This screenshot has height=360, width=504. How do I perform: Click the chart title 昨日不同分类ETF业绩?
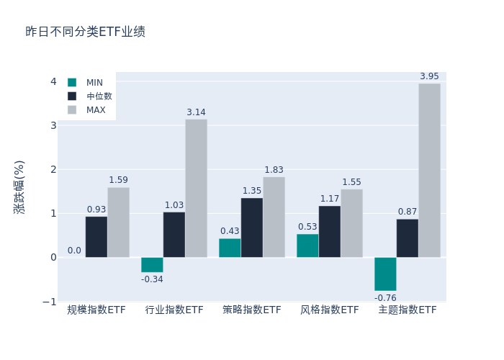pyautogui.click(x=85, y=32)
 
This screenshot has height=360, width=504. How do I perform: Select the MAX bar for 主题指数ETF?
pyautogui.click(x=429, y=171)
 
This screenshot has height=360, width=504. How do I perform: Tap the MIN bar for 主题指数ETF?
pyautogui.click(x=385, y=274)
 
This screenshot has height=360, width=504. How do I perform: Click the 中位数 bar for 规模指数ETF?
pyautogui.click(x=96, y=237)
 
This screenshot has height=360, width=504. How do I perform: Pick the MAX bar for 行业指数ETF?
pyautogui.click(x=196, y=188)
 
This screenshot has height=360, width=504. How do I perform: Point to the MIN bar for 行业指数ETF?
pyautogui.click(x=152, y=264)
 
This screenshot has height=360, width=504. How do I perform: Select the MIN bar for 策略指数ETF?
pyautogui.click(x=230, y=248)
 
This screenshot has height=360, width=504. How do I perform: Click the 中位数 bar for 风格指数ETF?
pyautogui.click(x=330, y=231)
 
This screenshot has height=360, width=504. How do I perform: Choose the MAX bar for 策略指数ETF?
pyautogui.click(x=274, y=217)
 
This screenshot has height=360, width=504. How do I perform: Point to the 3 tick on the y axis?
pyautogui.click(x=53, y=126)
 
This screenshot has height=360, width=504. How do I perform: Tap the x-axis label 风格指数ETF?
pyautogui.click(x=329, y=310)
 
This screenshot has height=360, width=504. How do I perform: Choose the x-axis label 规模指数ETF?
pyautogui.click(x=96, y=310)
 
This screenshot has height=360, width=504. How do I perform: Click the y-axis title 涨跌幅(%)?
pyautogui.click(x=19, y=186)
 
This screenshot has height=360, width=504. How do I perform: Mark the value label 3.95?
pyautogui.click(x=429, y=76)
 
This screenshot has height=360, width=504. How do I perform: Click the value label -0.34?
pyautogui.click(x=152, y=279)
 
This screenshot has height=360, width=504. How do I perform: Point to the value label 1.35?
pyautogui.click(x=251, y=191)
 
